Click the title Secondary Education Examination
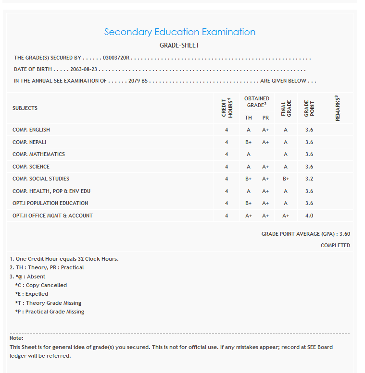coord(180,32)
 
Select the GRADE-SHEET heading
coord(179,45)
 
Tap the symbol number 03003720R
coord(116,58)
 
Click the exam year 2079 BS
coord(138,81)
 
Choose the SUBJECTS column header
coord(25,108)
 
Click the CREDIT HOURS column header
coord(227,108)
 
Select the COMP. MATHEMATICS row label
coord(38,154)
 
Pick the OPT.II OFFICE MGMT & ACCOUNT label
coord(52,216)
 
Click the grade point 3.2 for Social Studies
coord(309,179)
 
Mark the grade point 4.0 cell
coord(309,216)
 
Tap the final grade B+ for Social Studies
coord(286,179)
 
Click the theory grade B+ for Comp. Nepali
coord(249,142)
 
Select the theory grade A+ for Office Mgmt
coord(249,216)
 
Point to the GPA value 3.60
coord(345,234)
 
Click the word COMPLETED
coord(335,245)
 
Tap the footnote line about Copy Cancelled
coord(41,285)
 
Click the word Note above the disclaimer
coord(16,338)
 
